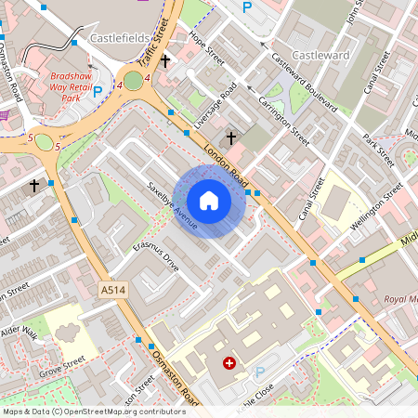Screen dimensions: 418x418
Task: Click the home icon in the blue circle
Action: coord(209,200)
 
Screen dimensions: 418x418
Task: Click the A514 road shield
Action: coord(112,291)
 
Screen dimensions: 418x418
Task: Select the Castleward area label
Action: coord(320,56)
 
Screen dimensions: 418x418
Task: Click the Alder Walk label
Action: coord(19,333)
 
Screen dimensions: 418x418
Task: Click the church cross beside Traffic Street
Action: coord(165,61)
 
